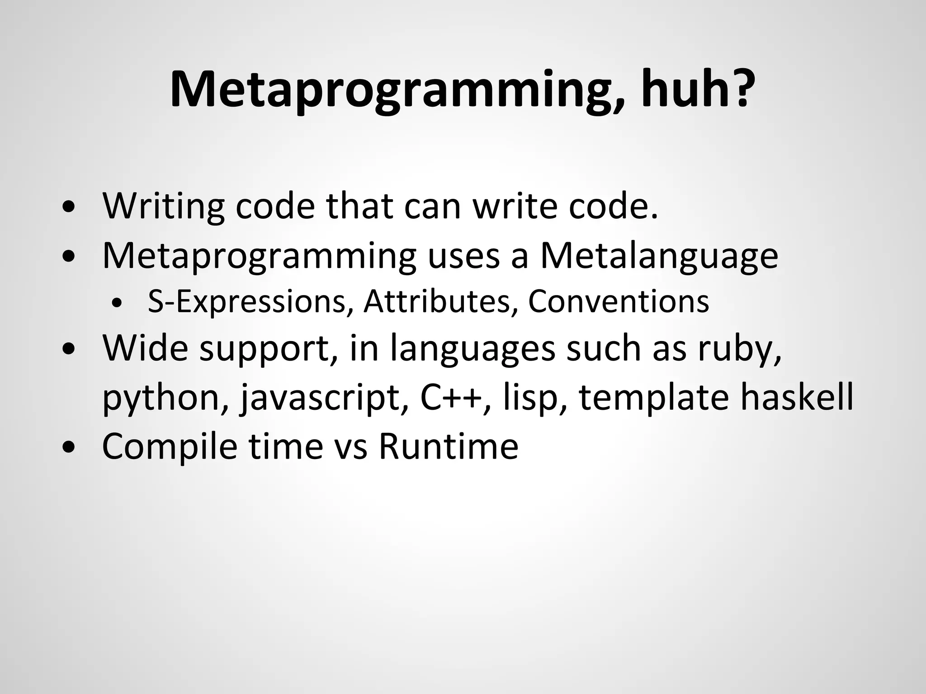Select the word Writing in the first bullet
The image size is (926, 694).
163,206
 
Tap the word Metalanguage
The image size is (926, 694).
659,256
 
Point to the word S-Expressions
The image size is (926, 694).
247,302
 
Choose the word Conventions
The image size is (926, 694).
619,301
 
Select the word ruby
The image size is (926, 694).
740,349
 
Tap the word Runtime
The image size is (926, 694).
448,446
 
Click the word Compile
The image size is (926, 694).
170,447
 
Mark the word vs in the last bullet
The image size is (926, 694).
351,447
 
